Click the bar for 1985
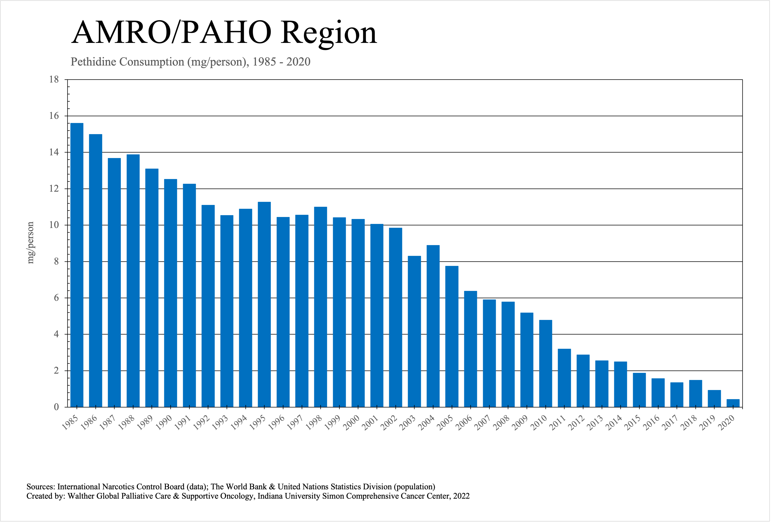tap(77, 265)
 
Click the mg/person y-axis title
tap(31, 243)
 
